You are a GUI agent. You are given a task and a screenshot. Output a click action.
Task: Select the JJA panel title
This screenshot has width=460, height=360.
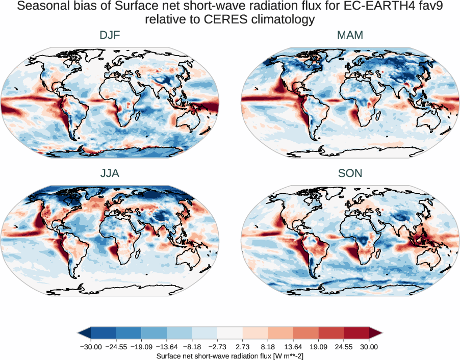110,173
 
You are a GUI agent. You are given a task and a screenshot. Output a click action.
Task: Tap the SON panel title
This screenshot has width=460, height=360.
350,173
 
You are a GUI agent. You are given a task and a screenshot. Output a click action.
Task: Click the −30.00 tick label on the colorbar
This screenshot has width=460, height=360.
91,347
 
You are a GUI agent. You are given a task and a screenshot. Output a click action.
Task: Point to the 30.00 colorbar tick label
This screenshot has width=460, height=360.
369,347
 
